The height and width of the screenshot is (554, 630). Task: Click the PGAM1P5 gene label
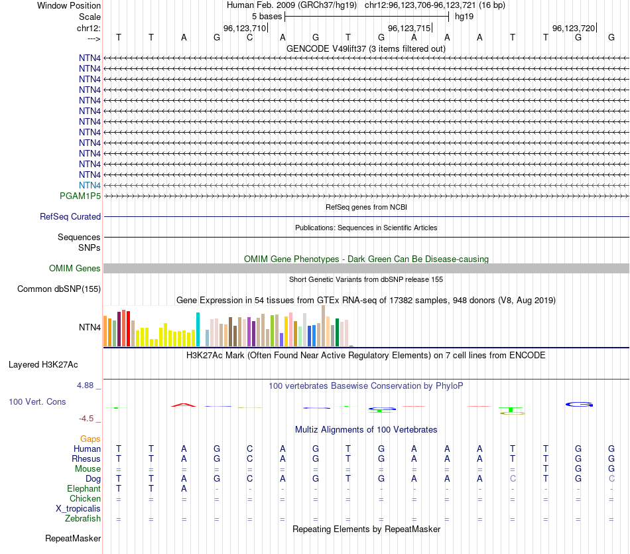(80, 196)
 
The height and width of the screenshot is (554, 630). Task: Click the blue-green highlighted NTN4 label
(90, 185)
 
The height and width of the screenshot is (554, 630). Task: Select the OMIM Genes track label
(75, 269)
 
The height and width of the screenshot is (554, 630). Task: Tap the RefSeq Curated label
(70, 216)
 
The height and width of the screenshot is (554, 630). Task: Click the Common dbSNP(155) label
(59, 289)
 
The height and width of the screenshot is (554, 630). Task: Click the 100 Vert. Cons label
(37, 402)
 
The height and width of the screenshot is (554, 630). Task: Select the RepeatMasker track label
(73, 538)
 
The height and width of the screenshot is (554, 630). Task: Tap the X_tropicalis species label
(78, 509)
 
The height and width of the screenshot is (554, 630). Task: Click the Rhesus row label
(86, 458)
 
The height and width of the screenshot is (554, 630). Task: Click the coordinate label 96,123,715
(409, 28)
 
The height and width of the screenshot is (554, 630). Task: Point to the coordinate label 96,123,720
(574, 28)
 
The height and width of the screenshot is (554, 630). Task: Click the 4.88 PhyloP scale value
(87, 385)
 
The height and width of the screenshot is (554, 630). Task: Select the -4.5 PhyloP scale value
(88, 419)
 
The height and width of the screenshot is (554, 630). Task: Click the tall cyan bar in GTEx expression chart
(198, 329)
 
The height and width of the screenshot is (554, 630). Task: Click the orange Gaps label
(90, 439)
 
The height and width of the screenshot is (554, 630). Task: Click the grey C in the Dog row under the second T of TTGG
(513, 478)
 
